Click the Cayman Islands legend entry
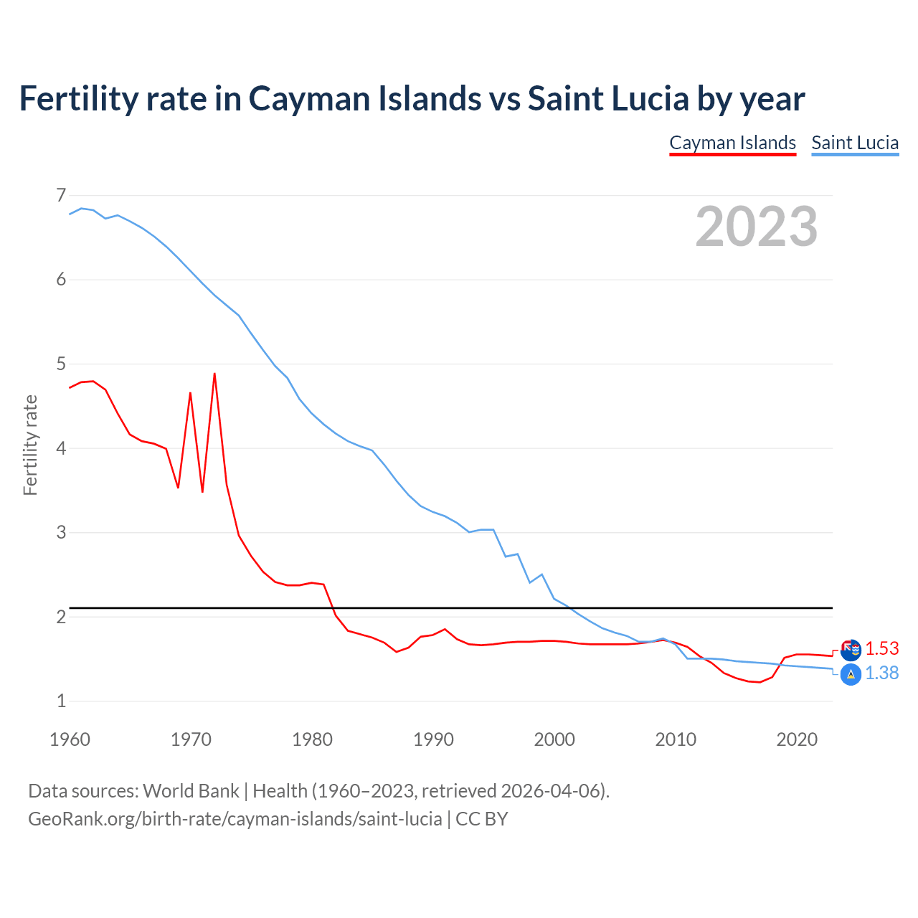coord(732,143)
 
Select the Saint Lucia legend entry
coord(855,143)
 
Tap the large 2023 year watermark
coord(756,227)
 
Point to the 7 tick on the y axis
coord(61,195)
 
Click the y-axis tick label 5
coord(61,364)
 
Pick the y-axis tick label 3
coord(61,532)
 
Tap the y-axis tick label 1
coord(61,701)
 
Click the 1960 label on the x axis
coord(70,739)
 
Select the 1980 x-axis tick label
coord(312,739)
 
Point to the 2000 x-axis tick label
coord(554,739)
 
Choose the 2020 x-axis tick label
coord(797,739)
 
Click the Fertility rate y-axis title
coord(30,445)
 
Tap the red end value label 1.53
coord(881,648)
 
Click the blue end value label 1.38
coord(881,673)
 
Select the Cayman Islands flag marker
coord(851,650)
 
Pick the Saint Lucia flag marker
coord(851,674)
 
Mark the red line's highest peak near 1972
coord(214,374)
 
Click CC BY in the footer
coord(481,819)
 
